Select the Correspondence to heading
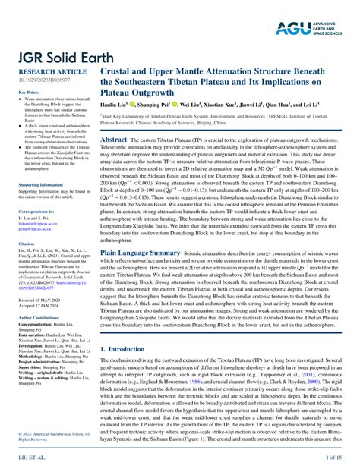coord(39,210)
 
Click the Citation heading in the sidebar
coord(27,244)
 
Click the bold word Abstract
coord(114,140)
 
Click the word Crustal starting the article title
coord(121,68)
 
